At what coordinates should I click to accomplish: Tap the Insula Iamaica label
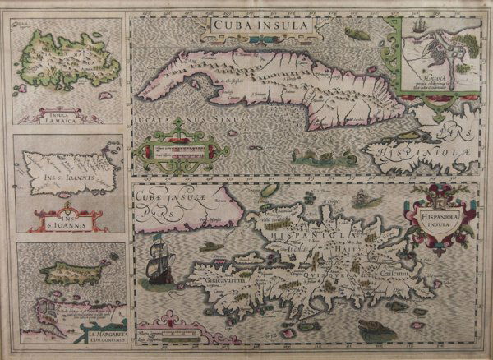(x=56, y=105)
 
